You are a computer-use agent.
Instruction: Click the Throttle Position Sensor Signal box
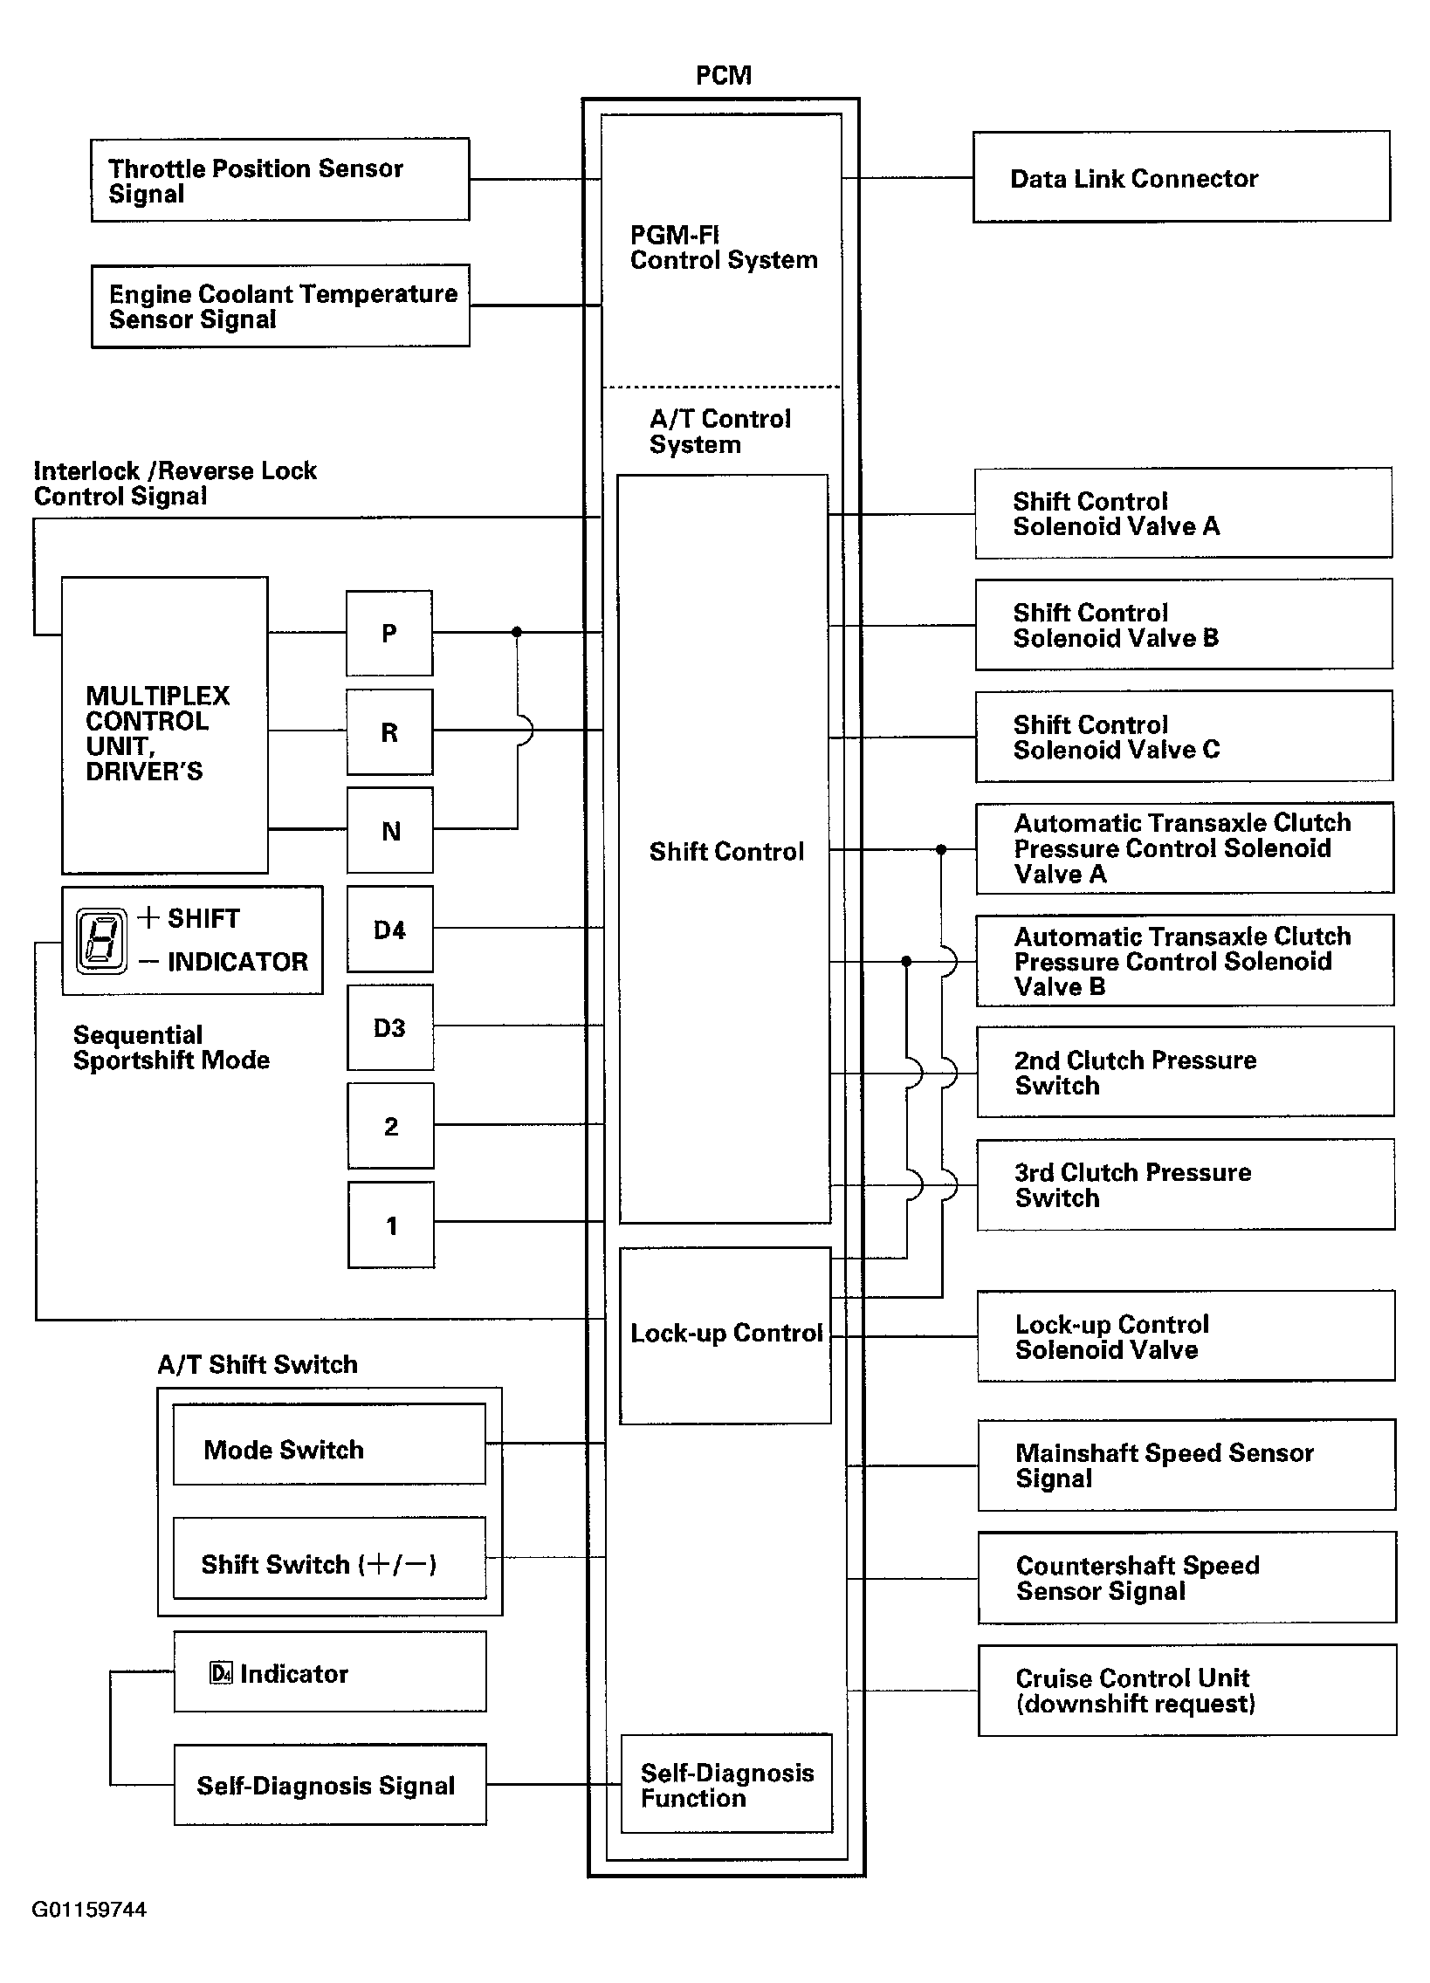[x=280, y=179]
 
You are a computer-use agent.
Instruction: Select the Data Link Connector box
[x=1180, y=177]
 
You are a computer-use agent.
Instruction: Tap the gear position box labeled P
[x=389, y=633]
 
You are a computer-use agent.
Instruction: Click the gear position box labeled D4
[x=389, y=930]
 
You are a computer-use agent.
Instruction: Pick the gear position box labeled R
[x=389, y=731]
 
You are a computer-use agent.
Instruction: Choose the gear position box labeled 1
[x=391, y=1225]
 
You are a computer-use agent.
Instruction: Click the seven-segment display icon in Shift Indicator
[x=101, y=941]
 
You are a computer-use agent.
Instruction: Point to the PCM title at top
[x=724, y=76]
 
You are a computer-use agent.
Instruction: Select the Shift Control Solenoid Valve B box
[x=1183, y=624]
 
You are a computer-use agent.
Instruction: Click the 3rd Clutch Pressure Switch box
[x=1185, y=1184]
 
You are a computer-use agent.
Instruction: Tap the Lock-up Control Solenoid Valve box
[x=1185, y=1336]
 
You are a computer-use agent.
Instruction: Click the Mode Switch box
[x=329, y=1449]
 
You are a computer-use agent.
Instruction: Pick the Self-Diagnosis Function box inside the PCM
[x=726, y=1785]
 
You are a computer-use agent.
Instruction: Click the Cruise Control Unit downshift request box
[x=1186, y=1690]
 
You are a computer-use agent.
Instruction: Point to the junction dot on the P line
[x=517, y=631]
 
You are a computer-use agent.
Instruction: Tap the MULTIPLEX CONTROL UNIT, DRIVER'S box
[x=164, y=724]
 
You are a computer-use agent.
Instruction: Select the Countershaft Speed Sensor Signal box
[x=1186, y=1577]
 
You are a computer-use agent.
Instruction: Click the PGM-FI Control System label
[x=724, y=247]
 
